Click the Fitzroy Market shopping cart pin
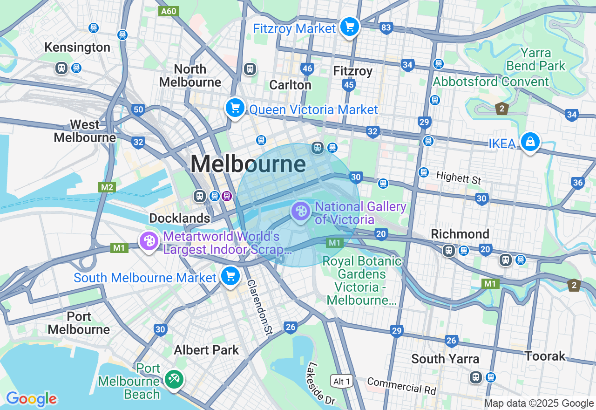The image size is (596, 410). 349,27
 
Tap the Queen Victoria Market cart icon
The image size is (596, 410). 235,108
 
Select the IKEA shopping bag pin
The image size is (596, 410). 530,142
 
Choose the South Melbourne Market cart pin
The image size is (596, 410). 230,276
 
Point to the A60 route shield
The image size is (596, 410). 168,11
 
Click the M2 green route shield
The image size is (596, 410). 107,187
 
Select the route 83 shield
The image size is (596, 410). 386,28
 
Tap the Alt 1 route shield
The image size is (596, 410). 342,382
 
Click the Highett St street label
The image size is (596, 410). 459,177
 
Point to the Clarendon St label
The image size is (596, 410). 259,307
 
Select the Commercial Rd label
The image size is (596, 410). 401,386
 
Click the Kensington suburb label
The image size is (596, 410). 77,47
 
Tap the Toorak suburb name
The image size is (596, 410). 545,356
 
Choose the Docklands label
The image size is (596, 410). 179,218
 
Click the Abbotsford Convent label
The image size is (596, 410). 491,82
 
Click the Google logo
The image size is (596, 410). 31,399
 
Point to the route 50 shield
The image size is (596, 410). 138,110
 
